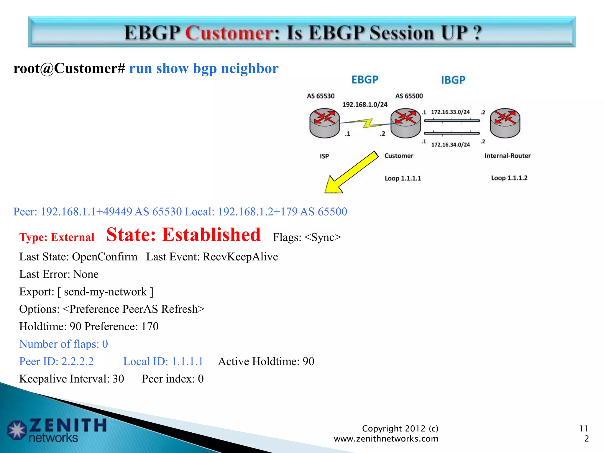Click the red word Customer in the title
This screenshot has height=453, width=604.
(x=230, y=33)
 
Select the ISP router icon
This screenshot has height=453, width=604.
(x=324, y=123)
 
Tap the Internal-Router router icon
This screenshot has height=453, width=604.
(x=505, y=123)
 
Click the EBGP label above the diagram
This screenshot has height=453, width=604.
(x=365, y=80)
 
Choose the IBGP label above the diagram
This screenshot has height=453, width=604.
(x=453, y=80)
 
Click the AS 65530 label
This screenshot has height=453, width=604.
(x=321, y=96)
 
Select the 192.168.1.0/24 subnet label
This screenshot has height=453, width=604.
(x=365, y=105)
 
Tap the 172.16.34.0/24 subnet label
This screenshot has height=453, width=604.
(x=450, y=145)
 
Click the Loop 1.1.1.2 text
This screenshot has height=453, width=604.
(x=509, y=178)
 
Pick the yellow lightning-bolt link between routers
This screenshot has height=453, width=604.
(x=367, y=123)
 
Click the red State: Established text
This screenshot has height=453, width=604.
(x=183, y=235)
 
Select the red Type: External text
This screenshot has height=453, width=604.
(x=57, y=237)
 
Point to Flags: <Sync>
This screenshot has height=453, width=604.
(x=307, y=237)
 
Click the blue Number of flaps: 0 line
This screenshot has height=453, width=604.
(x=63, y=344)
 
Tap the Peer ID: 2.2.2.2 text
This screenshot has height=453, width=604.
(x=56, y=362)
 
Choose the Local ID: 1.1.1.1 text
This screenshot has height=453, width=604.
(x=163, y=362)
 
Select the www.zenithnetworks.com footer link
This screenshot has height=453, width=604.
(x=386, y=439)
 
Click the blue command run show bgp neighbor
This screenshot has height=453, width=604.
(x=204, y=69)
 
